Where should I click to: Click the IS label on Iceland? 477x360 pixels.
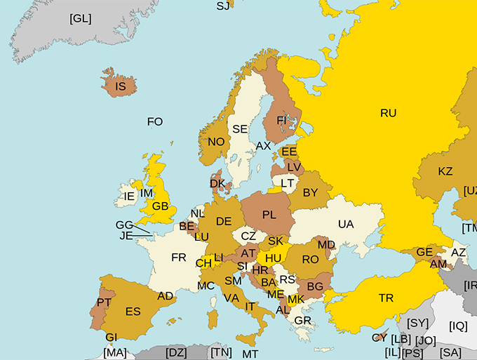coord(120,87)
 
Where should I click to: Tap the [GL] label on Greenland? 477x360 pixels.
coord(81,18)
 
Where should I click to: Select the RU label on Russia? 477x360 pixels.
coord(388,112)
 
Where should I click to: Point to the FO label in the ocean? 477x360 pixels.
coord(155,121)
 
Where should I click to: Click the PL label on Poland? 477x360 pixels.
coord(269,214)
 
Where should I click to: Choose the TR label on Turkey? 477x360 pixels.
coord(386,298)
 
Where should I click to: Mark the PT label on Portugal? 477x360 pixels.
coord(105,302)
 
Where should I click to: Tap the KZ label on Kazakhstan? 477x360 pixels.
coord(445,171)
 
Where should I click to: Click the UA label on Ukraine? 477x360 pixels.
coord(346,224)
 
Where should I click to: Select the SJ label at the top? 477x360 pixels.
coord(223,6)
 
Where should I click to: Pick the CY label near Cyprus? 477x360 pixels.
coord(379,338)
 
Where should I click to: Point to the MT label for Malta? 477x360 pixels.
coord(250,354)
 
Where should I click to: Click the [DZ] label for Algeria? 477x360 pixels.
coord(176,352)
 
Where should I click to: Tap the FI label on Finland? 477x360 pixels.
coord(282,120)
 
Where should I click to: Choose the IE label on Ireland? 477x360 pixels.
coord(129,196)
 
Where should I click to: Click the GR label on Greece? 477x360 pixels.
coord(303,321)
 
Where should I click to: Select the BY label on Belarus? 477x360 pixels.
coord(310,192)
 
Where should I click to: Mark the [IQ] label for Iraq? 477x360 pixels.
coord(458,326)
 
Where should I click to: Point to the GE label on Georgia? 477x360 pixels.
coord(424,252)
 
